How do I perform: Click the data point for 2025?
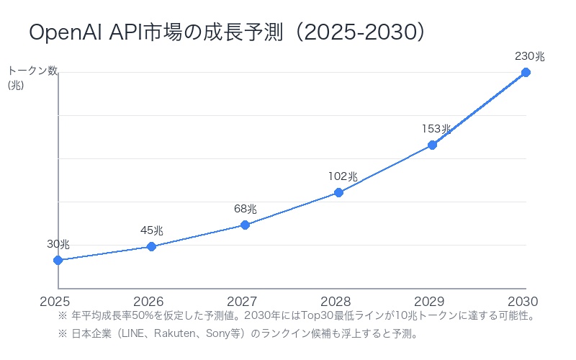58,260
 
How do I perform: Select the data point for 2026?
151,246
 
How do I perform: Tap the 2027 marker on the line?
245,225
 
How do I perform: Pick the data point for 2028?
338,192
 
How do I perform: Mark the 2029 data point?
432,145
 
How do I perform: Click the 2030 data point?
526,72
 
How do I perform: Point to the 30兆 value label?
58,244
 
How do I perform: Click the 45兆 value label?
151,230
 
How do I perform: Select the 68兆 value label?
245,209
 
